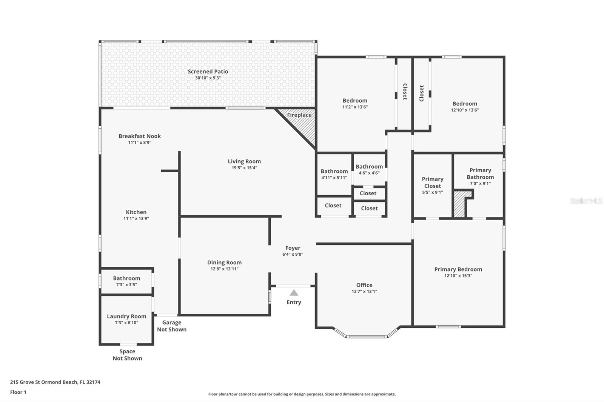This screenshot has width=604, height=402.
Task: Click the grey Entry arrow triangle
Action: (294, 293)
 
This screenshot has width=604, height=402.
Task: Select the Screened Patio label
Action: (208, 71)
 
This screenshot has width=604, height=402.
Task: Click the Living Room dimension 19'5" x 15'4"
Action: (244, 167)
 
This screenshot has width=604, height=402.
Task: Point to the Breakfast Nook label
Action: (140, 136)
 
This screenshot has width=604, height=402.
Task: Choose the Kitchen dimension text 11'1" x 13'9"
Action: (136, 218)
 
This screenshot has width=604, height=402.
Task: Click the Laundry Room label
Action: (126, 316)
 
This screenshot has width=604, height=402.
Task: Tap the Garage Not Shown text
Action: (172, 326)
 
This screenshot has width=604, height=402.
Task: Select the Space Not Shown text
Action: (127, 355)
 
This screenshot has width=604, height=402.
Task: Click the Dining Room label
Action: (224, 262)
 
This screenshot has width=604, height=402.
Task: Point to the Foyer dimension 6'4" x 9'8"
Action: (293, 254)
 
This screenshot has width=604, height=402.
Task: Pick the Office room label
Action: (364, 285)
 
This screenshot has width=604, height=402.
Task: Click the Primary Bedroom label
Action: (458, 269)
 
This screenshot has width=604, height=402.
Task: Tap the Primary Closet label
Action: (433, 183)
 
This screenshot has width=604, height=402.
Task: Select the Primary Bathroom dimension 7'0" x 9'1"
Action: (480, 184)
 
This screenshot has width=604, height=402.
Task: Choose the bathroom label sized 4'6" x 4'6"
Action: (369, 167)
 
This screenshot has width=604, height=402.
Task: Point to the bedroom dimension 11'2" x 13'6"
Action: (355, 107)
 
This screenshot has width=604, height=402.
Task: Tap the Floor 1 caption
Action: (18, 392)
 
